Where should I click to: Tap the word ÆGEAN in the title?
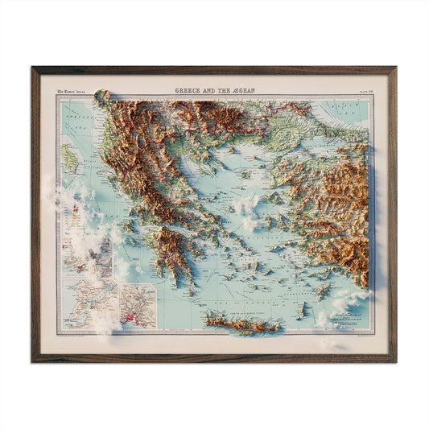(240, 91)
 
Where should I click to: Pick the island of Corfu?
(71, 158)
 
